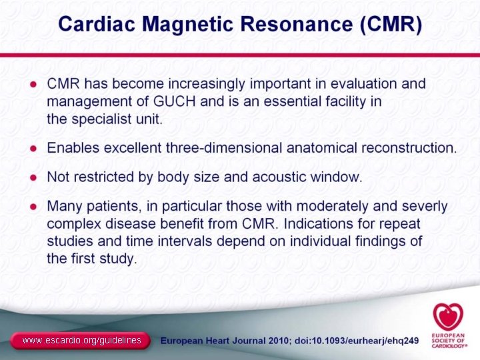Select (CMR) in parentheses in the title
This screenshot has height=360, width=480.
[391, 25]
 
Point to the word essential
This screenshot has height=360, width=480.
[299, 102]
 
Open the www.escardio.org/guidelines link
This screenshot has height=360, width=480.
[81, 341]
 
